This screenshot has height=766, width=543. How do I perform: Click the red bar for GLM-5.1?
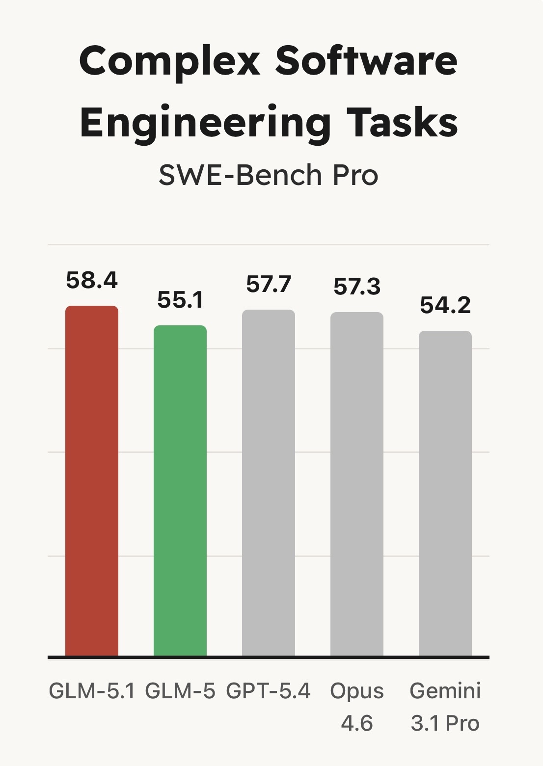pos(92,481)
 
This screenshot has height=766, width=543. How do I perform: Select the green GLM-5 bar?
pos(180,491)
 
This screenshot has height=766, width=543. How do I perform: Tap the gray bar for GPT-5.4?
pos(269,483)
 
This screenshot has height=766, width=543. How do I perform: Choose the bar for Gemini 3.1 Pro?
pos(445,493)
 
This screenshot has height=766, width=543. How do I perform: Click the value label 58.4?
pos(92,281)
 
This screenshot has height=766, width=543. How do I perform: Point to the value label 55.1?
pos(180,300)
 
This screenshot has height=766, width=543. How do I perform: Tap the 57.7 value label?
pos(269,285)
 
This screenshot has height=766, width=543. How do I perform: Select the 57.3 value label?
pos(357,287)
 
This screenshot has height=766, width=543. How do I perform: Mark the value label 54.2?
pos(445,305)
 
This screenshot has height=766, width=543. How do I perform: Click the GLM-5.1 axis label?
pos(92,691)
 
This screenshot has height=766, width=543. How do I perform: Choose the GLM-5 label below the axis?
pos(180,691)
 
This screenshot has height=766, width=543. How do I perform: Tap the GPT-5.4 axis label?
pos(269,691)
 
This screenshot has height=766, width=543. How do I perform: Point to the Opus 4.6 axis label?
pos(357,707)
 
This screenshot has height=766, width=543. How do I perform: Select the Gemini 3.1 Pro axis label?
pos(445,707)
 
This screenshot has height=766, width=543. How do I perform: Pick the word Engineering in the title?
pos(205,124)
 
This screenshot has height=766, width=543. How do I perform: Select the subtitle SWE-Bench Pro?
pos(269,175)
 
